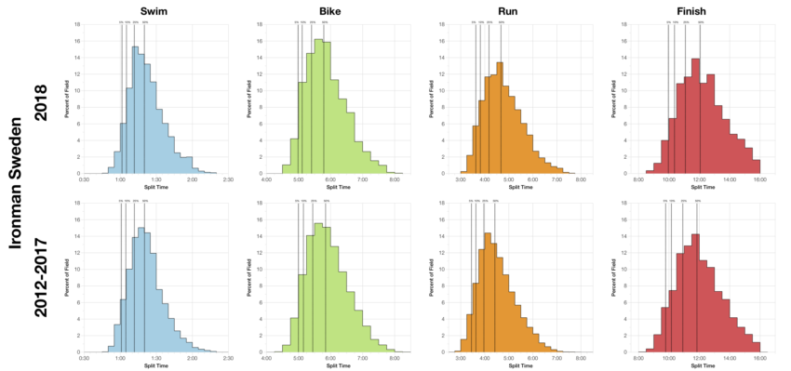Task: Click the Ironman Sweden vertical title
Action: (16, 186)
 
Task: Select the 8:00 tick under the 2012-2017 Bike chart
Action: (395, 357)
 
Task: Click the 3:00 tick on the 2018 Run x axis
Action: (461, 179)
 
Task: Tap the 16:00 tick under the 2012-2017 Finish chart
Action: (759, 357)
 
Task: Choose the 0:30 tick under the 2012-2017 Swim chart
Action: (85, 357)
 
